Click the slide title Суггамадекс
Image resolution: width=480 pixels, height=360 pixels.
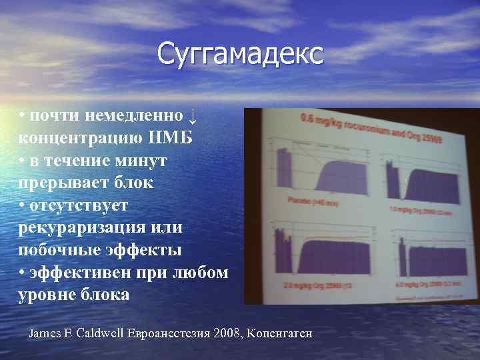click(240, 53)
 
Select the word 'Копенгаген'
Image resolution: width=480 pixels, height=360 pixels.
click(279, 333)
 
